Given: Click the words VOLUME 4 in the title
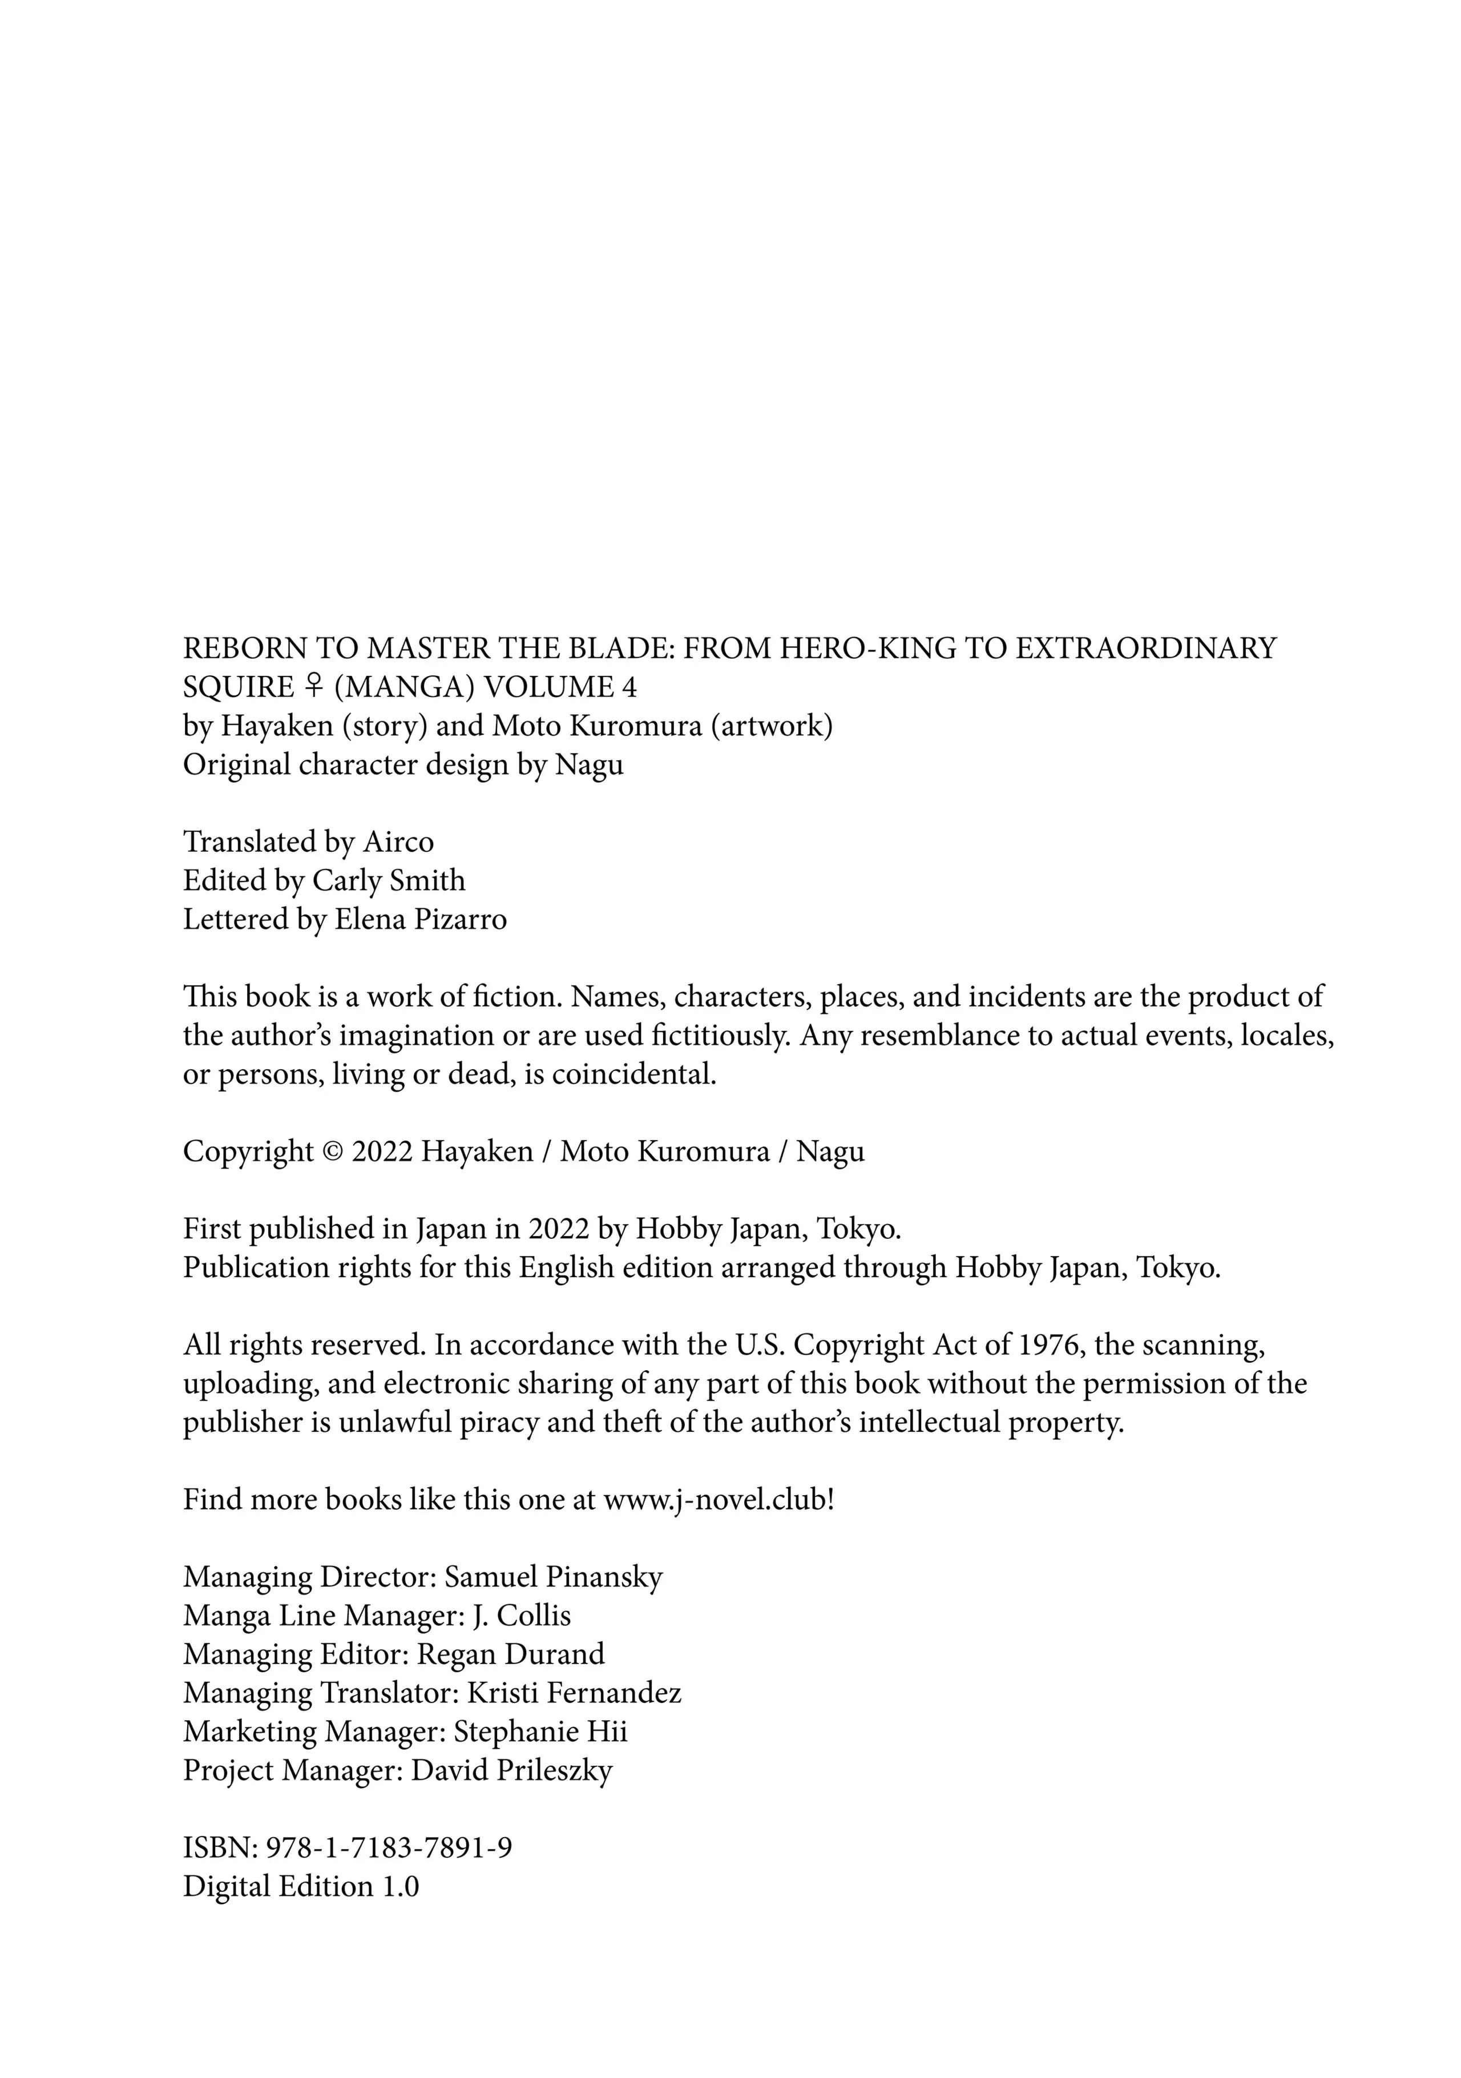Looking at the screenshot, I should [561, 688].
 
